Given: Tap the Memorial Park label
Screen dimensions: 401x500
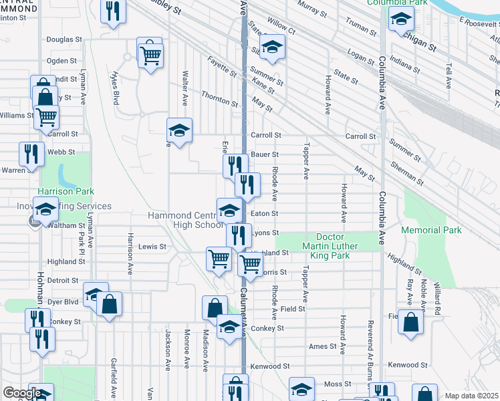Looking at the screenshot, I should pyautogui.click(x=431, y=230).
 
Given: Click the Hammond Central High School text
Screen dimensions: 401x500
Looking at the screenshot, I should pyautogui.click(x=182, y=220).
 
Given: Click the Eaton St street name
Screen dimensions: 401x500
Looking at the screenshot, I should pyautogui.click(x=265, y=214).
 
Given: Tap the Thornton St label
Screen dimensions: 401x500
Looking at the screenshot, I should pyautogui.click(x=220, y=103).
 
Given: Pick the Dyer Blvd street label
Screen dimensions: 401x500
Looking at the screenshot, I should pyautogui.click(x=64, y=301).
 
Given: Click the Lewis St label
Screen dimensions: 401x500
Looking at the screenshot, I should pyautogui.click(x=152, y=247).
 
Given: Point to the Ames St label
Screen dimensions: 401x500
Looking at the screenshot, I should pyautogui.click(x=323, y=346).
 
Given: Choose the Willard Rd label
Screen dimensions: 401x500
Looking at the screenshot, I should pyautogui.click(x=438, y=297).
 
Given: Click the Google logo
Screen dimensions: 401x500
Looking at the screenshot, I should pyautogui.click(x=22, y=393).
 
